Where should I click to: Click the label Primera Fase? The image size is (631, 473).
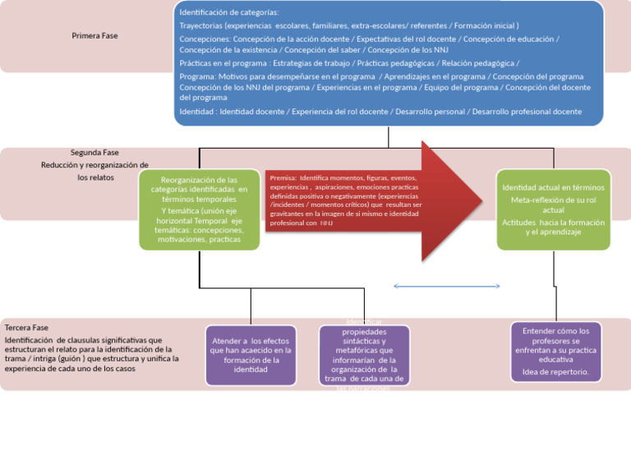point(94,36)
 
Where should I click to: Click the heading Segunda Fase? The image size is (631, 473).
point(94,153)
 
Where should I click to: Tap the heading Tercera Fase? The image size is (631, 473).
point(26,328)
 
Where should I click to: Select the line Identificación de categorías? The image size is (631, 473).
point(229,12)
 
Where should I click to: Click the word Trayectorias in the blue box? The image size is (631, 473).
point(201,25)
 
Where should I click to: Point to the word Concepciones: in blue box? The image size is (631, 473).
point(205,39)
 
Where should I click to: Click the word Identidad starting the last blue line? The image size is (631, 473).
point(198,112)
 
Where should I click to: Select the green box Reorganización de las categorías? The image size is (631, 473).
point(200,209)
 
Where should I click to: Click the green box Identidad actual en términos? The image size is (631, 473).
point(553,209)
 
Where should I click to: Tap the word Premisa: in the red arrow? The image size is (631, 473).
point(283,177)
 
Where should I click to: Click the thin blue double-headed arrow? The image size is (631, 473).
point(446,286)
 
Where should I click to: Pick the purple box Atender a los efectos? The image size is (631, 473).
point(251,355)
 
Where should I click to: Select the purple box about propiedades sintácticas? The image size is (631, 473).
point(364,356)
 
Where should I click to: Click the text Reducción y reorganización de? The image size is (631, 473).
point(94,165)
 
